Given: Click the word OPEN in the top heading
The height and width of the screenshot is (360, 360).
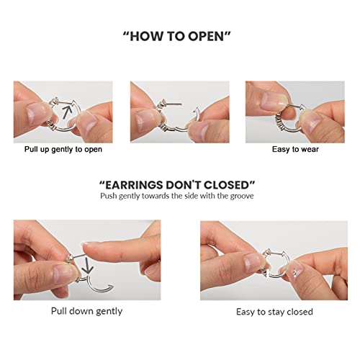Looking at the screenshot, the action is point(206,37).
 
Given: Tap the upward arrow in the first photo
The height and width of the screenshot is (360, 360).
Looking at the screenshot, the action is point(68,112).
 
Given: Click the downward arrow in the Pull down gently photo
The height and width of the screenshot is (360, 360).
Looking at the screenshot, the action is point(87,265).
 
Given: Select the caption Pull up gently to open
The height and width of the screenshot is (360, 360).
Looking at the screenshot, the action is point(63,149).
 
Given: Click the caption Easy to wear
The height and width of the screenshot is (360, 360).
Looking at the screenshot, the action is point(295,149).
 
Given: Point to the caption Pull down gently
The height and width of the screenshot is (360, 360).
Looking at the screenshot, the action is point(86,311).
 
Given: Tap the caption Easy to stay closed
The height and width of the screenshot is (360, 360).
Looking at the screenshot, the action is point(274,312).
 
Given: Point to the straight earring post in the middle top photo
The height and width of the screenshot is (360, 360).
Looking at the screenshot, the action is point(173,104).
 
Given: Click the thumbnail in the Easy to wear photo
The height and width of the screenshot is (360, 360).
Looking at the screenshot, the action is point(273,100).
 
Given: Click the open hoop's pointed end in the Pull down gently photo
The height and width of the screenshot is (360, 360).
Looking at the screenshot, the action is point(111,285).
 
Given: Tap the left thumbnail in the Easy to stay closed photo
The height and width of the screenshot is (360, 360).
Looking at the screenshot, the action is point(253,263).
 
